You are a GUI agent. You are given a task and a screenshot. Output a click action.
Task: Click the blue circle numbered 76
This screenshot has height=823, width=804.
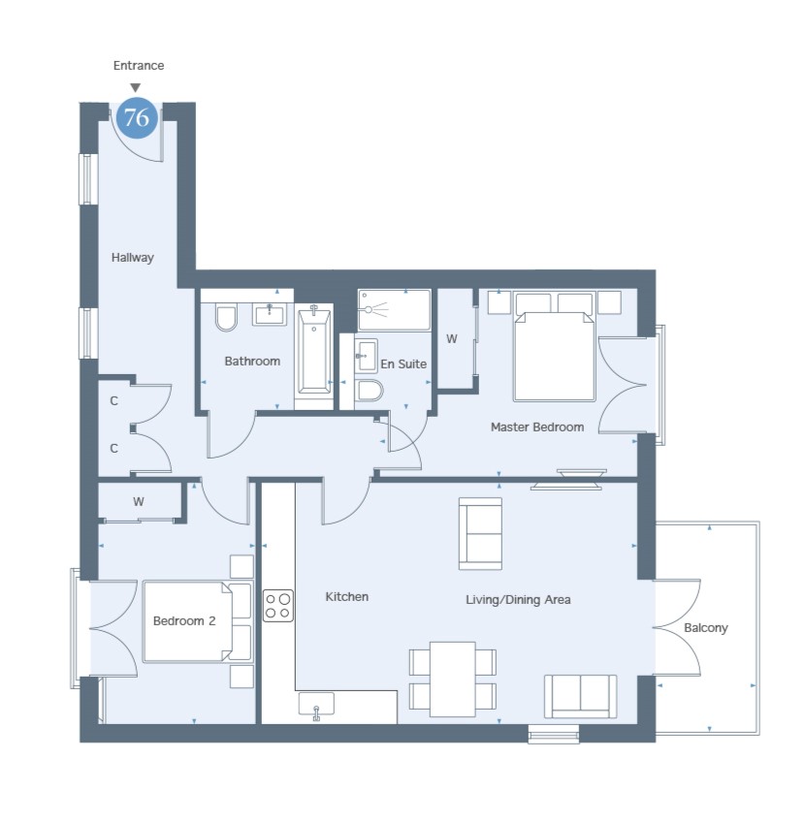coord(137,117)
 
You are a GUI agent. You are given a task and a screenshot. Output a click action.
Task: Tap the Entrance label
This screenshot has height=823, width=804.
coord(139,66)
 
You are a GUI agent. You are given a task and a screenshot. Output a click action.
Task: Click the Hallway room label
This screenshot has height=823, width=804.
coord(132,258)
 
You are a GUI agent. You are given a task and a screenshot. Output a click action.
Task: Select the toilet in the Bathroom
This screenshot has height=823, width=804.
coord(226,319)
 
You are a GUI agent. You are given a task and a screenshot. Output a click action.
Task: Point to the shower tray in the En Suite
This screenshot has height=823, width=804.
coord(395,309)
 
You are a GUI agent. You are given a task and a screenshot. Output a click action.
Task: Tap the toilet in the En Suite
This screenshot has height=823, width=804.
coord(370,390)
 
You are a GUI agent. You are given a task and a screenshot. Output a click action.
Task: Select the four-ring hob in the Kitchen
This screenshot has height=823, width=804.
coord(278,606)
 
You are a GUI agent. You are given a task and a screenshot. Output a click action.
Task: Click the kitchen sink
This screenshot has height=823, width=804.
coord(316,705)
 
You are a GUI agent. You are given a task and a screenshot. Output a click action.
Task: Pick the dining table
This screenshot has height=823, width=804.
coord(453,680)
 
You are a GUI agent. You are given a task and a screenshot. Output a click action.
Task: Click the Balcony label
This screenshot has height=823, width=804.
coord(706,628)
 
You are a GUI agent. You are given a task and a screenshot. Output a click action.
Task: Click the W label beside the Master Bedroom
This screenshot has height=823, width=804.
coord(452,339)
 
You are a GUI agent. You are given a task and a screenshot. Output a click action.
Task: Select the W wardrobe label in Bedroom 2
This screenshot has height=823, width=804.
coord(138,502)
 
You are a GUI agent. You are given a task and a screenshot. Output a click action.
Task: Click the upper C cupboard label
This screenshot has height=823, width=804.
coord(114,401)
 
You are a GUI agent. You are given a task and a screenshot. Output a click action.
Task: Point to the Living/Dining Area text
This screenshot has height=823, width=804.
coord(518,600)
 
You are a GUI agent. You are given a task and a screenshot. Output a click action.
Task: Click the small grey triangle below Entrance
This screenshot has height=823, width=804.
coord(136,87)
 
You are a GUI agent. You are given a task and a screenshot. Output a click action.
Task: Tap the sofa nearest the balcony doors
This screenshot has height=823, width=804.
coord(580,696)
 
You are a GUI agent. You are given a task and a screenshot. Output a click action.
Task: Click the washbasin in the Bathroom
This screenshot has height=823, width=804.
coord(271,314)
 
